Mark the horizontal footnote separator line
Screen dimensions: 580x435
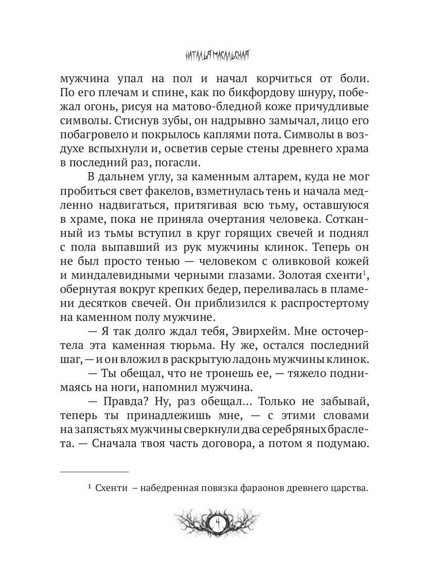(94, 471)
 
